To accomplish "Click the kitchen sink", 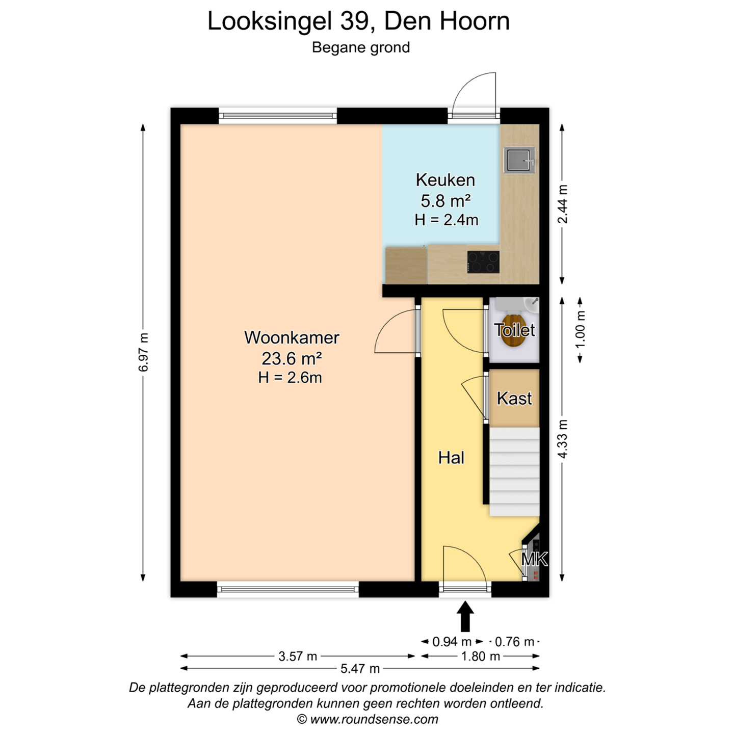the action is [519, 159].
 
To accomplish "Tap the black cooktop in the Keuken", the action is [483, 261].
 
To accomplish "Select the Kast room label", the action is [514, 399].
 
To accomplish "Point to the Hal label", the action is [452, 457].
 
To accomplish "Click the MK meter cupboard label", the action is [534, 559].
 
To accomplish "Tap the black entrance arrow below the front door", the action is [465, 616].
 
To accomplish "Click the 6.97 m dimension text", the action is [144, 352].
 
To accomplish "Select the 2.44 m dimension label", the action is [562, 204].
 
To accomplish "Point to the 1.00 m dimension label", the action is [580, 329].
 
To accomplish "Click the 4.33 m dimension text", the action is [562, 438].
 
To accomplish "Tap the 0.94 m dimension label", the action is [452, 642].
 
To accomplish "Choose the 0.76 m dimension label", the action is [514, 642].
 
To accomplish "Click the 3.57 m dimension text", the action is [298, 657].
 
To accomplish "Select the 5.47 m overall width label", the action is [360, 668].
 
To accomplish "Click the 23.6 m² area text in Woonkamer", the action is [292, 358].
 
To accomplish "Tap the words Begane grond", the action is [361, 47].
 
